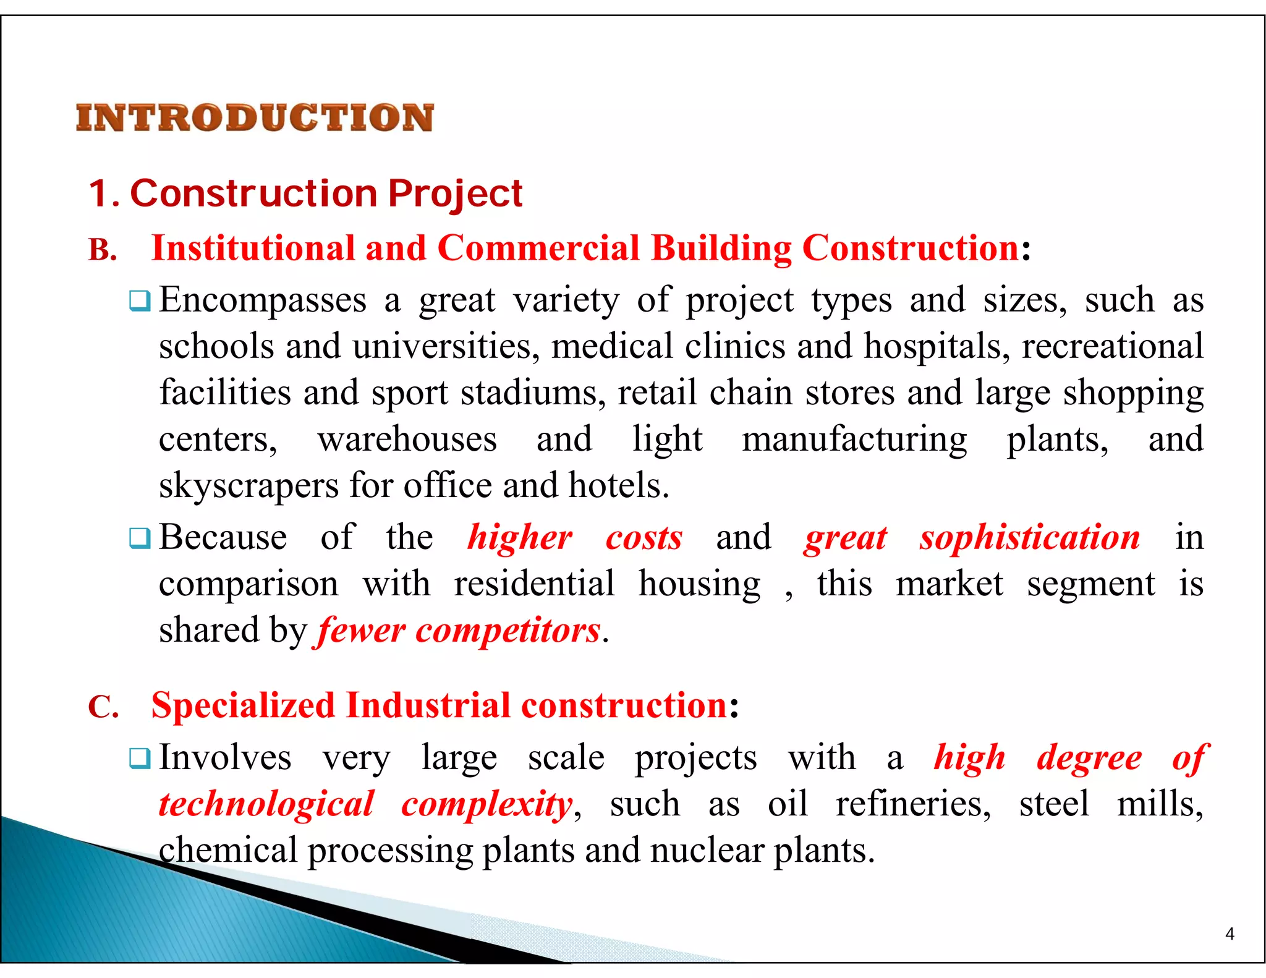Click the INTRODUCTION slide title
click(255, 117)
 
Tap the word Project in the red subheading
click(456, 193)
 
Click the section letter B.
click(102, 250)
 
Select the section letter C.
click(103, 707)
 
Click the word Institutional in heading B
click(253, 249)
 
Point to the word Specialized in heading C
click(243, 705)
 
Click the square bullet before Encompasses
click(139, 302)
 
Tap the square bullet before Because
click(139, 538)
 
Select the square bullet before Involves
click(139, 759)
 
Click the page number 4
click(1229, 933)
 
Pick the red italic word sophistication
click(1029, 537)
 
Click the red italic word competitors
click(508, 631)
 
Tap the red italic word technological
click(266, 804)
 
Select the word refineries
click(913, 804)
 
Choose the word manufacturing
click(854, 440)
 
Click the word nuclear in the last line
click(707, 851)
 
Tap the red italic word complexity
click(486, 804)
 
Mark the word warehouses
click(407, 440)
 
